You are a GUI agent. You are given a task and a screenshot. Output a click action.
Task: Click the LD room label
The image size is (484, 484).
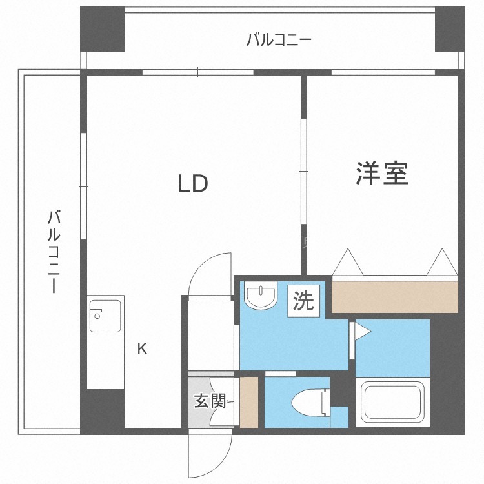[x=193, y=184]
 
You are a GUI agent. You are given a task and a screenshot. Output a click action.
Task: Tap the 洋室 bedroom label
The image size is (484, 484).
[x=382, y=173]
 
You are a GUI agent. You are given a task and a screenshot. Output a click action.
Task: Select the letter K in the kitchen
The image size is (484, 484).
[x=142, y=348]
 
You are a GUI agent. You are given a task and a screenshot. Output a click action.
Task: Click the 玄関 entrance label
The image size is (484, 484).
[x=210, y=401]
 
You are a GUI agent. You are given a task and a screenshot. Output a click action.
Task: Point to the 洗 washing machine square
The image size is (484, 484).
[x=304, y=301]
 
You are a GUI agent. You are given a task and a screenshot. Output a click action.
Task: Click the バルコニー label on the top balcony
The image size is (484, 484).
[x=279, y=40]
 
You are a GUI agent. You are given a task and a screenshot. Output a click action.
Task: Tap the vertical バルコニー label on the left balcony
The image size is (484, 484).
[x=54, y=251]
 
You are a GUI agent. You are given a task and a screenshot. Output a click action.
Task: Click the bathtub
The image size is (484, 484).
[x=392, y=401]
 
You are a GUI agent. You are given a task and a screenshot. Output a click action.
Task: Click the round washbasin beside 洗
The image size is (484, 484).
[x=261, y=294]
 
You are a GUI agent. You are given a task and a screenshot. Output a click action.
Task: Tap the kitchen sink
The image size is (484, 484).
[x=105, y=316]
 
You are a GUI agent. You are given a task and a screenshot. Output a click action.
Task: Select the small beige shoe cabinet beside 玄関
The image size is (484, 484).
[x=249, y=402]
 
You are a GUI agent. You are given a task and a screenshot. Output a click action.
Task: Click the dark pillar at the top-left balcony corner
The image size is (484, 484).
[x=102, y=29]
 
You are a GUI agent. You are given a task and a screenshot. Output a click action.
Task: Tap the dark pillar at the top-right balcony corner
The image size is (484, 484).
[x=449, y=29]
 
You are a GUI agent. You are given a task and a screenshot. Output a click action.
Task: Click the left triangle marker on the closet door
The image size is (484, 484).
[x=348, y=262]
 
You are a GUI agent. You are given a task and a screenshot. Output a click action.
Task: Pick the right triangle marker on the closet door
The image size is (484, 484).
[x=442, y=262]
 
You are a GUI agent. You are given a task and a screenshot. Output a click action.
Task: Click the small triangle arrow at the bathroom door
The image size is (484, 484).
[x=362, y=332]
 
